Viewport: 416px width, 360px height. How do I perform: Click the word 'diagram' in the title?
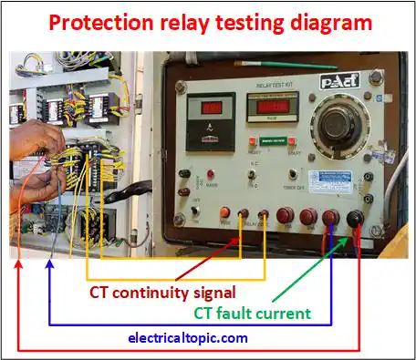click(326, 22)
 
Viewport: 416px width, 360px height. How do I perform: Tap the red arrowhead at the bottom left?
click(18, 267)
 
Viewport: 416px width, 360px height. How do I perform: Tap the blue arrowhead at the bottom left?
click(49, 267)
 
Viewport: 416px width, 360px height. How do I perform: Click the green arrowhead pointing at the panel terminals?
click(343, 239)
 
